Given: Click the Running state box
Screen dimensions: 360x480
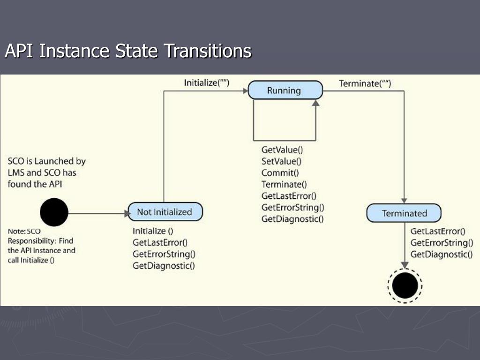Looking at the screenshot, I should (285, 90).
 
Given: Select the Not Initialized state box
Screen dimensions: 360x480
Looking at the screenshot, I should (165, 212).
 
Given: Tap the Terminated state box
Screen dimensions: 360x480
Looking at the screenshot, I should (404, 213).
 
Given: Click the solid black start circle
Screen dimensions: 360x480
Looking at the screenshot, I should (54, 212).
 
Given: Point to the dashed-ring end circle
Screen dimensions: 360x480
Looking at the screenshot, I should (405, 285).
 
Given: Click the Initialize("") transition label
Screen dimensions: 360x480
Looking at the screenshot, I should (206, 83).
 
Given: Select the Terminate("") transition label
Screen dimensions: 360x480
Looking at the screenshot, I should (365, 84).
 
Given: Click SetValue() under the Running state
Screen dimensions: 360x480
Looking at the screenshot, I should (281, 161).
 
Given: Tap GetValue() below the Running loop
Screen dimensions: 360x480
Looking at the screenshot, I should (282, 150).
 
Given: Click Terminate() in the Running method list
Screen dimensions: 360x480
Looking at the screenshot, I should (284, 184).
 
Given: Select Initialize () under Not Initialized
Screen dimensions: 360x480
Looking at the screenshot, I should (153, 231).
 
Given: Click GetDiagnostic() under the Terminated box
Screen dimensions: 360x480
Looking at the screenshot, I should (441, 254).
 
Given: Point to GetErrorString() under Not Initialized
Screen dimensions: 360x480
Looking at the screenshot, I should (164, 254).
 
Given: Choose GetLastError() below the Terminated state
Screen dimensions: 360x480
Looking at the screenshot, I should (438, 231).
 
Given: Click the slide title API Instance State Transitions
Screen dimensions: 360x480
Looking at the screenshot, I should (128, 51).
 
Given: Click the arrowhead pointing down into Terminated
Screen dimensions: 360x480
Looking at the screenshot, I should (404, 200).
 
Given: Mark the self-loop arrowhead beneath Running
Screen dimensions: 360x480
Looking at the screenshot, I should (315, 103).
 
